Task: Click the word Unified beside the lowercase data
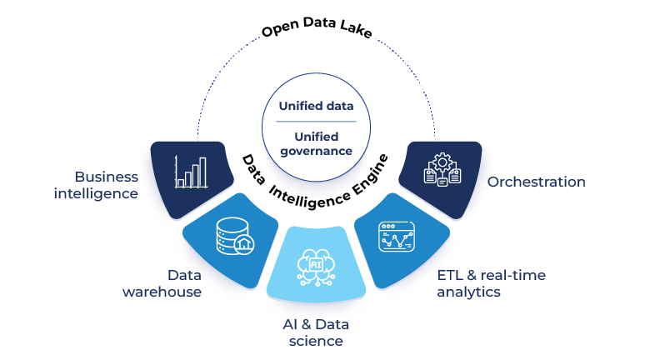[x=298, y=107]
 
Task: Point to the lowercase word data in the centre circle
[x=338, y=107]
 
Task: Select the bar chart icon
[x=191, y=171]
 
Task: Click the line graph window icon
[x=397, y=236]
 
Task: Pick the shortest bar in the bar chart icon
[x=180, y=182]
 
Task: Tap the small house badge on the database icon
[x=243, y=244]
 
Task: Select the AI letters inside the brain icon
[x=315, y=262]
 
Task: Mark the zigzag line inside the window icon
[x=397, y=241]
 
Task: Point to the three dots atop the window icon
[x=387, y=225]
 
